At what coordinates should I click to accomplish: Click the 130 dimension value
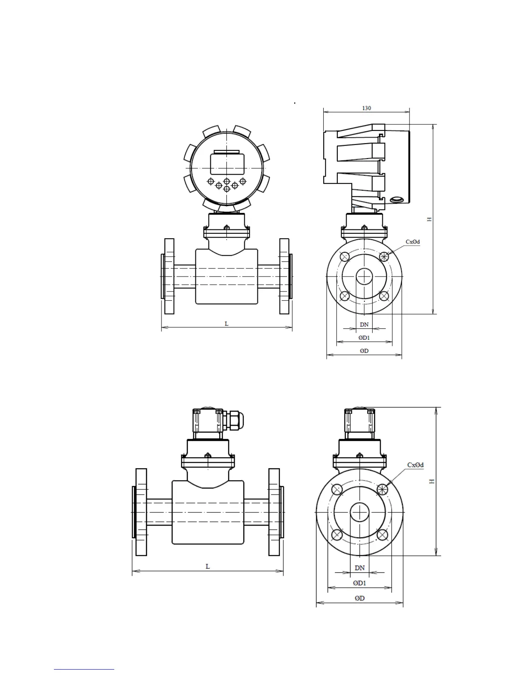tap(366, 108)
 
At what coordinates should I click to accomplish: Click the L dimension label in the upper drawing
tap(226, 324)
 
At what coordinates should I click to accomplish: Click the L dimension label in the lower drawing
tap(208, 566)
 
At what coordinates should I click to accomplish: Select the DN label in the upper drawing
tap(364, 325)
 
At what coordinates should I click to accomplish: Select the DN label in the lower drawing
tap(359, 568)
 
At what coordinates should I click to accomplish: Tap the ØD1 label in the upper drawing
tap(364, 338)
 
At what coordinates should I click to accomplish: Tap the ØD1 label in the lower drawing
tap(359, 583)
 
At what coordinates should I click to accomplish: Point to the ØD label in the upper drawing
tap(364, 351)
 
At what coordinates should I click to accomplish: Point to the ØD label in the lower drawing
tap(359, 598)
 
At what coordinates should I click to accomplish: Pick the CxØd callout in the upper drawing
tap(413, 242)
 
